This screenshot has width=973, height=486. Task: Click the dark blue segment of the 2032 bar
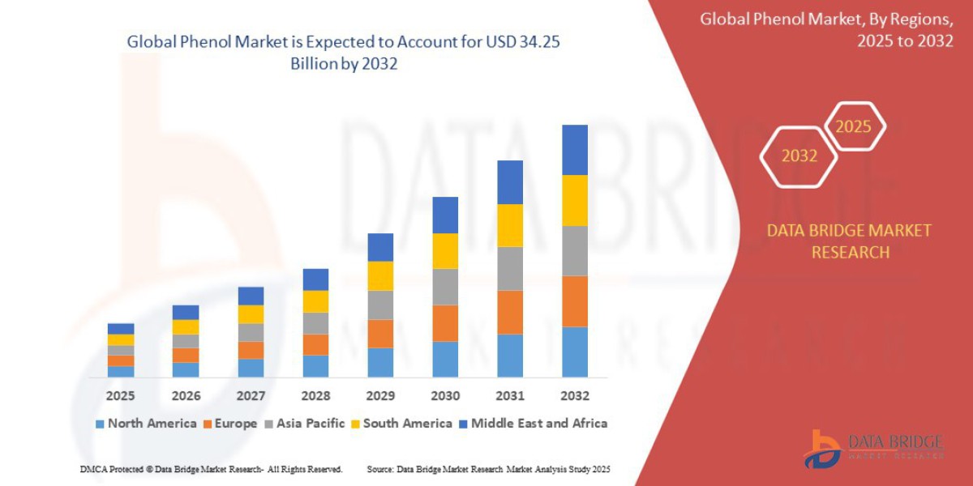pyautogui.click(x=574, y=150)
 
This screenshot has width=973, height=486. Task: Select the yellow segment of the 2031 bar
pyautogui.click(x=509, y=225)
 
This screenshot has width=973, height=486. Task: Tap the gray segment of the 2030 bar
pyautogui.click(x=444, y=287)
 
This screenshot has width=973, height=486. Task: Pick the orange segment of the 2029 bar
pyautogui.click(x=379, y=333)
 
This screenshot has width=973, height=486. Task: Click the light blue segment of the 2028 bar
pyautogui.click(x=315, y=366)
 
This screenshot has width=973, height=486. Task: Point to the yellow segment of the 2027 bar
pyautogui.click(x=251, y=314)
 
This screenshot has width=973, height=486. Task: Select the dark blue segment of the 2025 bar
pyautogui.click(x=121, y=328)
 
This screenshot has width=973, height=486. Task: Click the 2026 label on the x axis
pyautogui.click(x=186, y=396)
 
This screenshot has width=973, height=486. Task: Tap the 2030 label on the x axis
pyautogui.click(x=444, y=396)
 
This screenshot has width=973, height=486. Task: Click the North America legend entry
pyautogui.click(x=146, y=423)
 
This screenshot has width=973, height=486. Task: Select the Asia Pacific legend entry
pyautogui.click(x=304, y=423)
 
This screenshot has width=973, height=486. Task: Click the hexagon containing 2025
pyautogui.click(x=853, y=126)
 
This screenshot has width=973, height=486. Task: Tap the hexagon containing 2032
pyautogui.click(x=799, y=156)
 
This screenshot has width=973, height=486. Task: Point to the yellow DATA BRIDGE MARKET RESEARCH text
pyautogui.click(x=849, y=241)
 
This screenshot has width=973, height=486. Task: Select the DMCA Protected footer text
pyautogui.click(x=211, y=469)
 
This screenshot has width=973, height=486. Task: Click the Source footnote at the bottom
pyautogui.click(x=488, y=469)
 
